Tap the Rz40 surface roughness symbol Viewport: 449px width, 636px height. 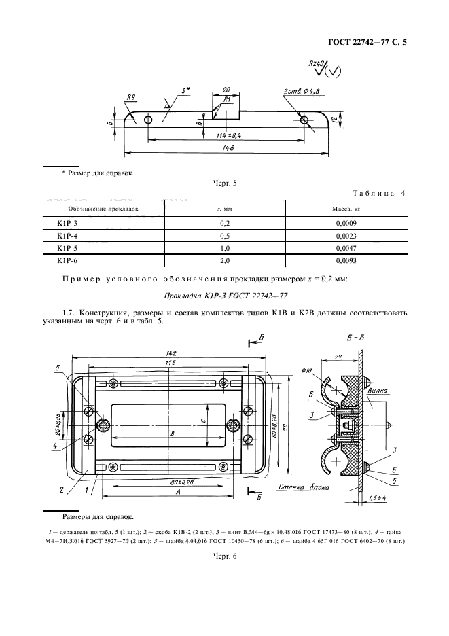point(318,65)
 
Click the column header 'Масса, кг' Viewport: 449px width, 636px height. point(345,209)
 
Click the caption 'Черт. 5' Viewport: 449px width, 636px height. point(224,183)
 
